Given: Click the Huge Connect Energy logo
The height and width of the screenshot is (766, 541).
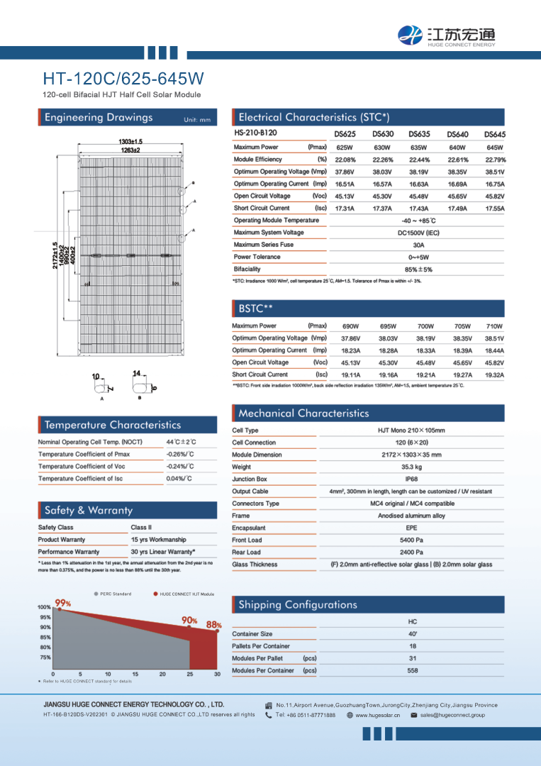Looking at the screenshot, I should (x=446, y=35).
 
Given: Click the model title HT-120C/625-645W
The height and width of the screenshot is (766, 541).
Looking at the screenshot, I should (x=123, y=77).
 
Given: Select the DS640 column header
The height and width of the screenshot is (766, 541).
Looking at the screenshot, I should (x=457, y=134).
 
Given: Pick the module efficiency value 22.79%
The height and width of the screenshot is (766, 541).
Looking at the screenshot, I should (x=495, y=160).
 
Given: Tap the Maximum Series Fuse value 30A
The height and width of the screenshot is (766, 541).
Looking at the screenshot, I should (x=419, y=245).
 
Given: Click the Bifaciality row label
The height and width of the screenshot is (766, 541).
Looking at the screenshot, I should (x=247, y=270).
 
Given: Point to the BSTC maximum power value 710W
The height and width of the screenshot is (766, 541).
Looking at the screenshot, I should (x=494, y=326).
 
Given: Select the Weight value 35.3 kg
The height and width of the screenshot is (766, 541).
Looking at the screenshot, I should (x=411, y=467).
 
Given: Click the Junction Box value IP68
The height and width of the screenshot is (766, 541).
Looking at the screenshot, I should (x=411, y=479).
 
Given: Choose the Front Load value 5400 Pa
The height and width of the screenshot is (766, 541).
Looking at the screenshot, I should (x=411, y=540).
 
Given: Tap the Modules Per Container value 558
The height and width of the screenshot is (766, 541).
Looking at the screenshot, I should (x=413, y=670).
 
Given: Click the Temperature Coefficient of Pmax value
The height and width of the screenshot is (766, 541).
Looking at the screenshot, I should (x=180, y=454).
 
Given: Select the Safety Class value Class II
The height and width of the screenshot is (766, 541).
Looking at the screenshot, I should (x=146, y=528).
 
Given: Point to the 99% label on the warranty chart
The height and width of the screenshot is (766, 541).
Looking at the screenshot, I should (x=62, y=603).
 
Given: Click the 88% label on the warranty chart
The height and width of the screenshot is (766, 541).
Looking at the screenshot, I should (x=213, y=625).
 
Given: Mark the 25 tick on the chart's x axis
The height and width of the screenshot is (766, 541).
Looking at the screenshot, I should (x=190, y=674).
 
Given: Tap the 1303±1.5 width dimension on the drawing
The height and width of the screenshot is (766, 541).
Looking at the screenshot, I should (x=130, y=142).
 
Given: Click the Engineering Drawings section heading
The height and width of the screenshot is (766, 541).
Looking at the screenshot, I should (x=99, y=118).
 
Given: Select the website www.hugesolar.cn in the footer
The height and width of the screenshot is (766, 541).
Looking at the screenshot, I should (x=377, y=715).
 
